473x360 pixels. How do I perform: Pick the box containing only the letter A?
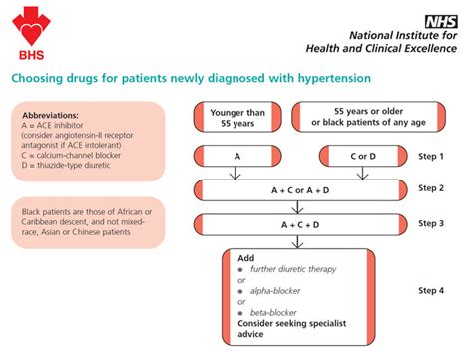[236, 157]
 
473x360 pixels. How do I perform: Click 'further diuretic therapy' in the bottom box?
[289, 270]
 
